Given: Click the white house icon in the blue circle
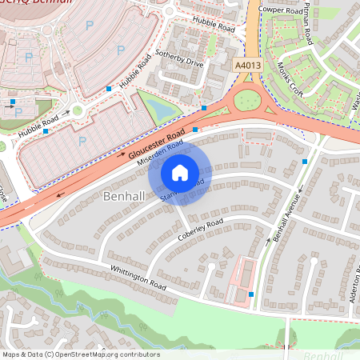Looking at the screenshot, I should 180,171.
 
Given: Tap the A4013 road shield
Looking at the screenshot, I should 247,65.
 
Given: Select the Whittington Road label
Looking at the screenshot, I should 138,279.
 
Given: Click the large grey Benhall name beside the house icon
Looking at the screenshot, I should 126,196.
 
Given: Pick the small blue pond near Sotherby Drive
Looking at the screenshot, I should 160,108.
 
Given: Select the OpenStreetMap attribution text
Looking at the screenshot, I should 80,354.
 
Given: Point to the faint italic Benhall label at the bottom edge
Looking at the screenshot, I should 323,354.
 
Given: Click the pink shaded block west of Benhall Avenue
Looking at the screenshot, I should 242,281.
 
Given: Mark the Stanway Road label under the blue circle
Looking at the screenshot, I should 183,190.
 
